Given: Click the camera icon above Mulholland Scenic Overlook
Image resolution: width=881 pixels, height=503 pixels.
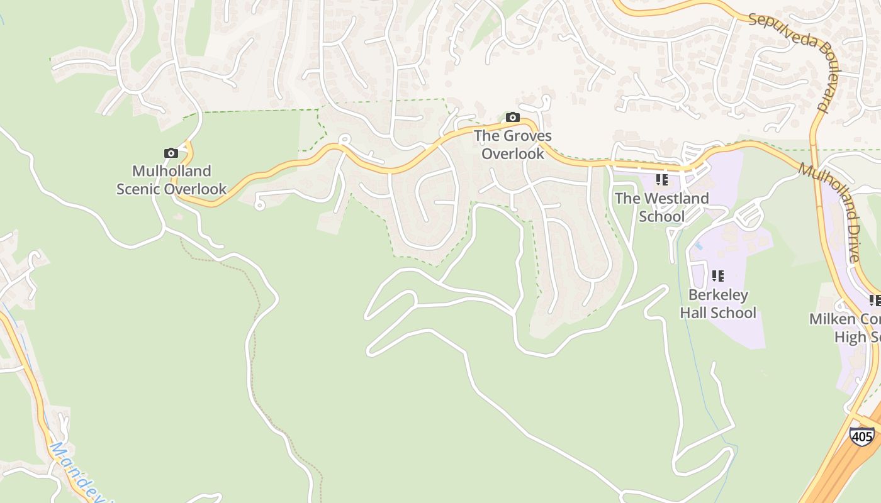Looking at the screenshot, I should point(171,153).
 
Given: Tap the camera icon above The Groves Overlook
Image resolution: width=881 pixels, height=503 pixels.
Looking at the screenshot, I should point(512,118).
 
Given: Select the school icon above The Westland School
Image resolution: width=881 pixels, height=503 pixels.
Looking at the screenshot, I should point(661,180).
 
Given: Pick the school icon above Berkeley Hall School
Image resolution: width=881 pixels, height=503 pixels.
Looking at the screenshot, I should point(717,276).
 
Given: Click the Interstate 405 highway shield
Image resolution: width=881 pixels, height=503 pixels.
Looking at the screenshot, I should point(861,435).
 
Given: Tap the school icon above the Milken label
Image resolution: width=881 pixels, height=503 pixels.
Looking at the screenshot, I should point(875,301).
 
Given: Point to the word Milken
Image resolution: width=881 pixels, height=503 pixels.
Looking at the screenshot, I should point(831,319).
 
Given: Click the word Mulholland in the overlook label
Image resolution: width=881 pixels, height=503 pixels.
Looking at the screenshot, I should point(171,171).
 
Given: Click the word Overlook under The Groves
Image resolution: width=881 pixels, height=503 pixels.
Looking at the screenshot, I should point(513,153).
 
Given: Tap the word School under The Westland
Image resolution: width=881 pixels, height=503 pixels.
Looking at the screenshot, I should point(661,216).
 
